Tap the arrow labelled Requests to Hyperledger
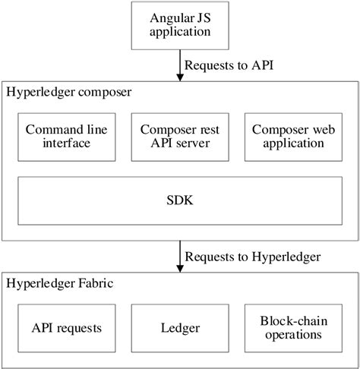click(x=180, y=256)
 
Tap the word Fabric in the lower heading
click(x=94, y=284)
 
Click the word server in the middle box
click(x=198, y=143)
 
